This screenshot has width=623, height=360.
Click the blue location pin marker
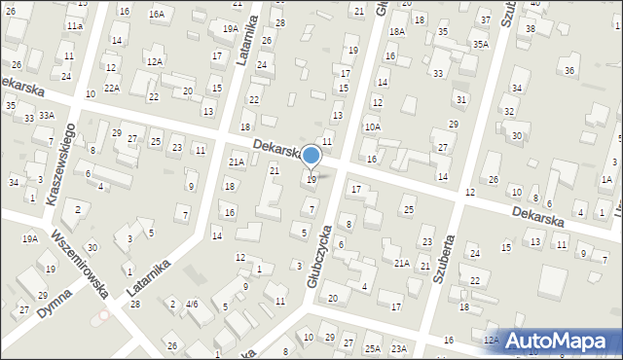point(311,156)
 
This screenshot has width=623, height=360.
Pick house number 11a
point(75,25)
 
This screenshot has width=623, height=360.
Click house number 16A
point(156,15)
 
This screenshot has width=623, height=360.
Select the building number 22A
point(112,89)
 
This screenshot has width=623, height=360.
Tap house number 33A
point(47,115)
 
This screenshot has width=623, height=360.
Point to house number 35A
point(480,45)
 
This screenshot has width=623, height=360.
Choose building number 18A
point(396,32)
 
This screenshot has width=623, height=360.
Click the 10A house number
point(372,126)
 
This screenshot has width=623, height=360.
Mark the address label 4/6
point(192,305)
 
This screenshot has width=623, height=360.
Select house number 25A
point(372,348)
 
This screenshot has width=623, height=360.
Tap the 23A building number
point(398,348)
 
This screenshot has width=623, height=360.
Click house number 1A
point(606,180)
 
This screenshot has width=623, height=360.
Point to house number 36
point(569,71)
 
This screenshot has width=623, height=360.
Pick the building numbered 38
point(531,28)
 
